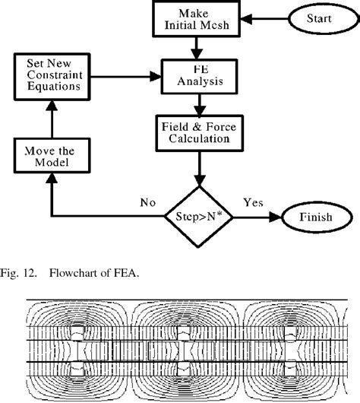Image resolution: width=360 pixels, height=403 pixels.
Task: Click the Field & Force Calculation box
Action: click(x=198, y=132)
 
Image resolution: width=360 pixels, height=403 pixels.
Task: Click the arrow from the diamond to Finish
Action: click(x=254, y=217)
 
